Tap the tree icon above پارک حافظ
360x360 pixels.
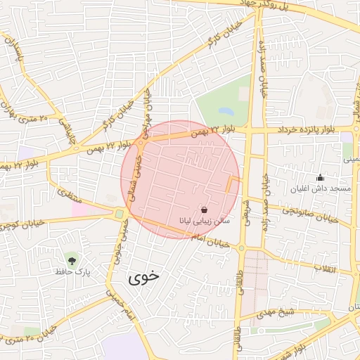(x=70, y=259)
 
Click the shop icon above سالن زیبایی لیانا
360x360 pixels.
(x=204, y=210)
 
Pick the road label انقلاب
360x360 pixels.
(x=325, y=269)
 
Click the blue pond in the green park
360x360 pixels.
(x=226, y=111)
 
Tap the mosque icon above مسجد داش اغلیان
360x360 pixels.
(x=321, y=177)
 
